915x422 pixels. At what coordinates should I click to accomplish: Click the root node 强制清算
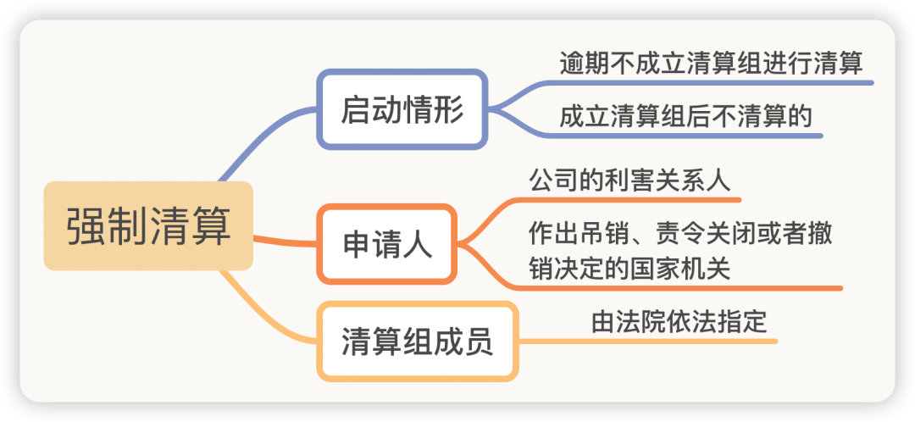(148, 226)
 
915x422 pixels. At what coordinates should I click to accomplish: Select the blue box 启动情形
(402, 109)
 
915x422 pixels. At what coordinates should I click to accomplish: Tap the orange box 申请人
(387, 244)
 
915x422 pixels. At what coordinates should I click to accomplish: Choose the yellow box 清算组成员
(417, 341)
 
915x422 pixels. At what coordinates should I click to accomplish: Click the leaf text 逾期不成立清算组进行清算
(711, 63)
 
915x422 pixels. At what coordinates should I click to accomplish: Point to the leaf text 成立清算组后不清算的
(685, 117)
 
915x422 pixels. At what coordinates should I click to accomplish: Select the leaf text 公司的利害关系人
(629, 180)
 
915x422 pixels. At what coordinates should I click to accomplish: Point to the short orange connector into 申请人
(286, 241)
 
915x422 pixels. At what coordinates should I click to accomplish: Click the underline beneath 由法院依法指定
(648, 341)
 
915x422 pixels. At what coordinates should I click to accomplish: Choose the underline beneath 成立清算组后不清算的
(683, 136)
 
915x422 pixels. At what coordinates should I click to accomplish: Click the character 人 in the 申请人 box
(417, 244)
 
